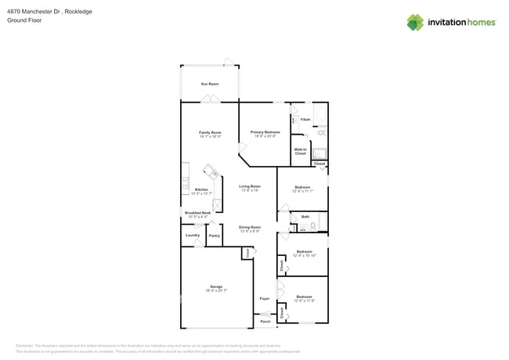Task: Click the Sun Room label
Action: coord(209,84)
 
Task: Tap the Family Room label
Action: coord(210,133)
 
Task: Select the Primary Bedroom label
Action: coord(265,133)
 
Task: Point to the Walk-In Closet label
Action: coord(300,151)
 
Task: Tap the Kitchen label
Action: coord(201,190)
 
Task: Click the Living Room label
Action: coord(250,187)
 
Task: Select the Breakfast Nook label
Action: coord(197,213)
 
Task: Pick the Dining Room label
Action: coord(250,228)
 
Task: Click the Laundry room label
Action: coord(192,235)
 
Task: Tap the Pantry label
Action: coord(214,235)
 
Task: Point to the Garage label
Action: coord(215,287)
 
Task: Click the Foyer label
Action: coord(265,299)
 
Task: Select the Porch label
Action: coord(265,321)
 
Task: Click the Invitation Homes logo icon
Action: coord(414,22)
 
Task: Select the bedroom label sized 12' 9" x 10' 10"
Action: coord(304,253)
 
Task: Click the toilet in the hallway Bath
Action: coord(312,225)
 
